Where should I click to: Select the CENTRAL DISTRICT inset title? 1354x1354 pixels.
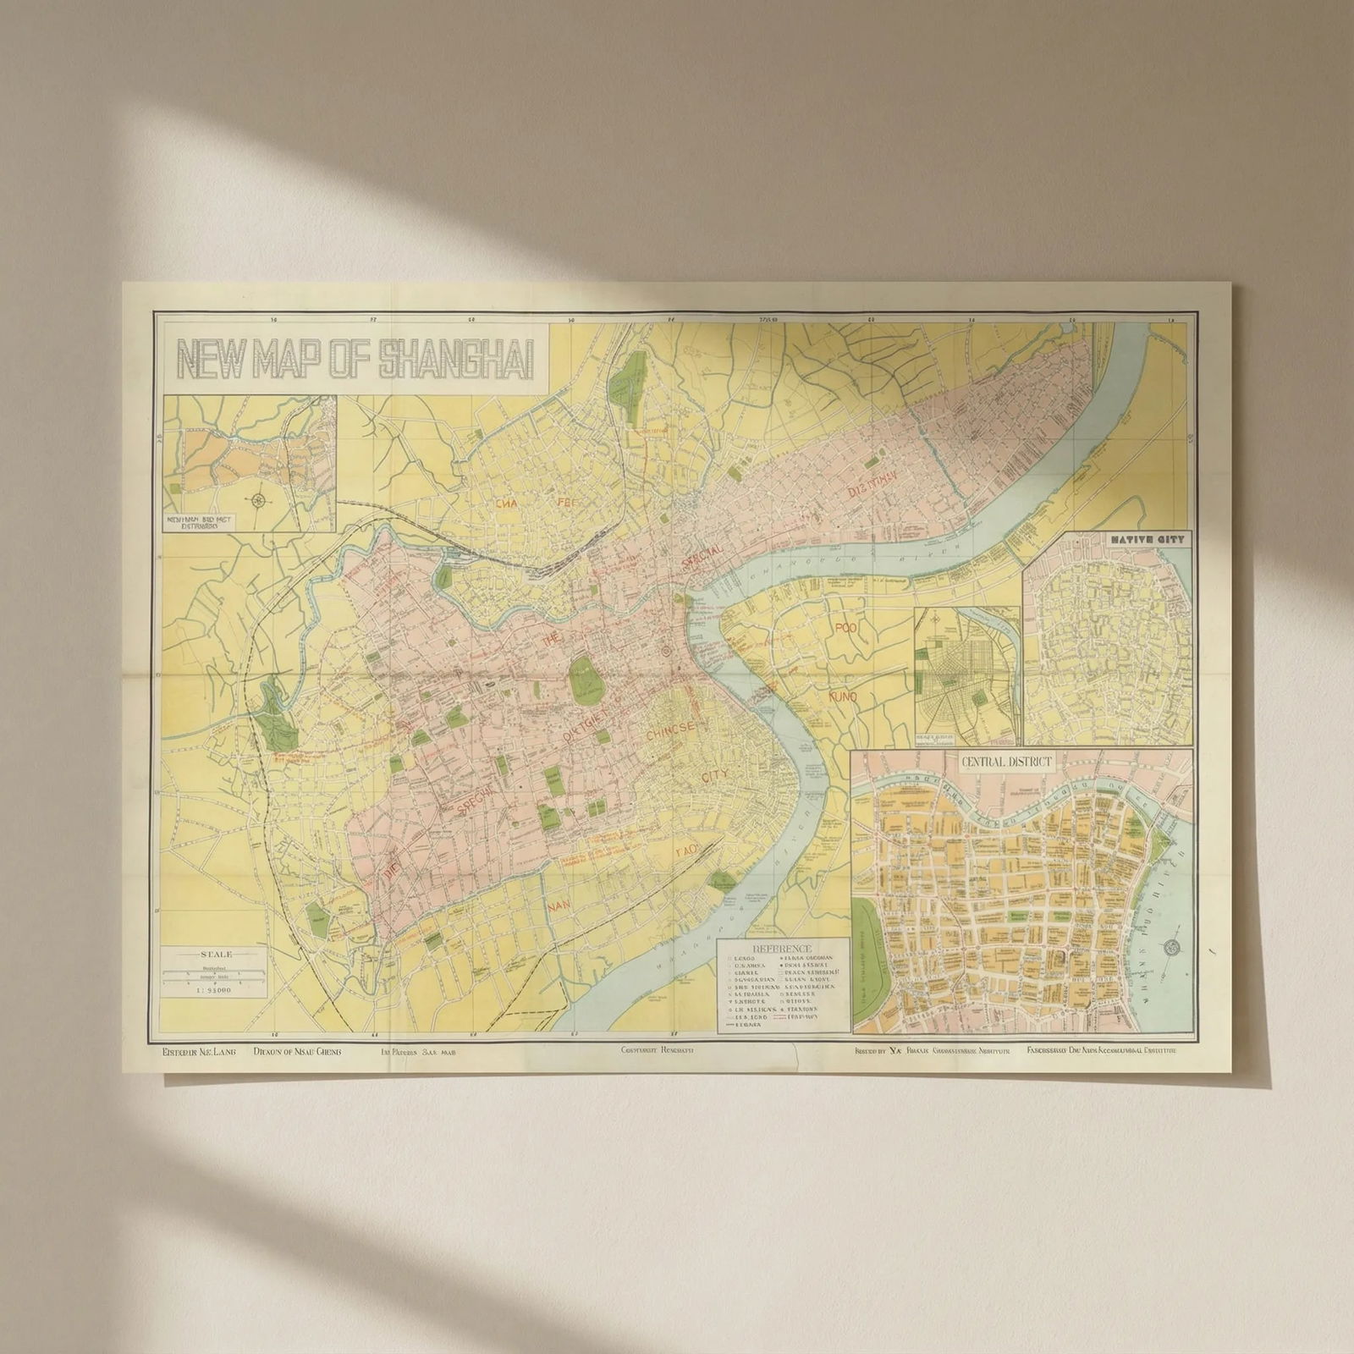tap(1005, 761)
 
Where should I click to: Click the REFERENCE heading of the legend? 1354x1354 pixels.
tap(782, 949)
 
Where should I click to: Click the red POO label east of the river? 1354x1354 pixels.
tap(845, 628)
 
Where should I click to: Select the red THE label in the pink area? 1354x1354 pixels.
tap(551, 642)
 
